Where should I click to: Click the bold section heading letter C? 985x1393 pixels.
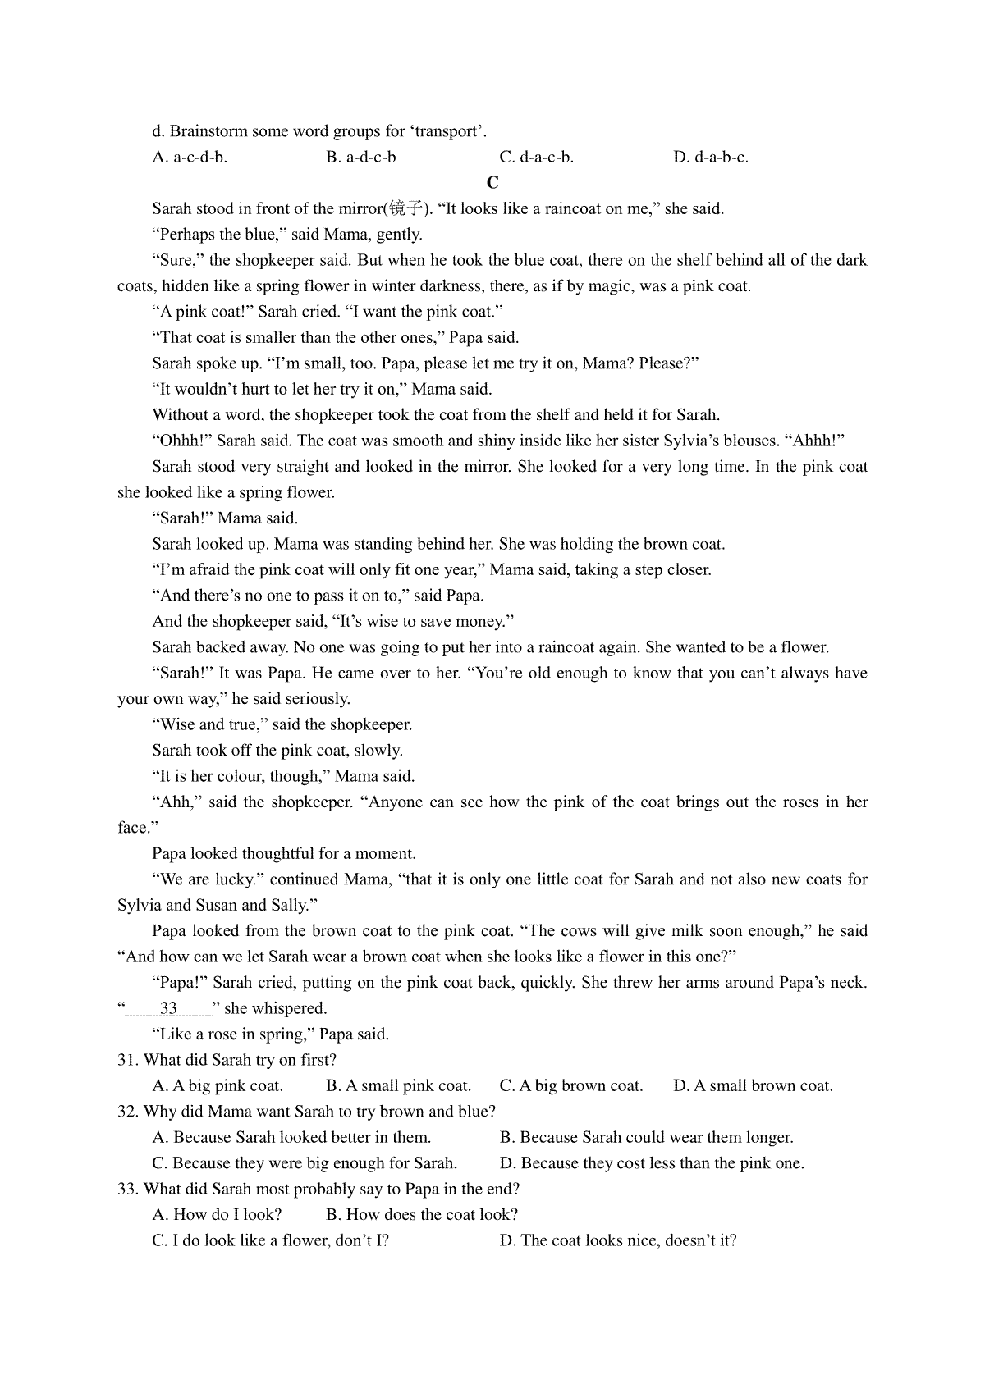[492, 182]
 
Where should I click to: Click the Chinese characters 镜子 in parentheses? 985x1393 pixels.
[408, 208]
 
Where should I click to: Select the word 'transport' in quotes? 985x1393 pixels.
[447, 131]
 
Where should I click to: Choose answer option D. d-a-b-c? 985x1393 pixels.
[711, 157]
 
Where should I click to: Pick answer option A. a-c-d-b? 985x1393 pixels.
[190, 157]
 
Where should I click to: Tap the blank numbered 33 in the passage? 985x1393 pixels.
[168, 1008]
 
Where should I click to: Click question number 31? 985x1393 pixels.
[128, 1060]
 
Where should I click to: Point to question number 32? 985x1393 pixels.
[128, 1112]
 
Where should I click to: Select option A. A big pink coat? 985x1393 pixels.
[218, 1085]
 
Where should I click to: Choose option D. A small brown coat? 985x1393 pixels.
[753, 1085]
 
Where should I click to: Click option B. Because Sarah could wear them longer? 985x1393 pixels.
[646, 1137]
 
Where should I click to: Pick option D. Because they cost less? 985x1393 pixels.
[652, 1163]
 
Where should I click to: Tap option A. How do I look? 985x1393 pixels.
[217, 1214]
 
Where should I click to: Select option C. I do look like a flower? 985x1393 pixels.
[270, 1240]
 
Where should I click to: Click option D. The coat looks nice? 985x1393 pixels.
[617, 1240]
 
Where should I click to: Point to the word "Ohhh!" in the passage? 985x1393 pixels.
[182, 441]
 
